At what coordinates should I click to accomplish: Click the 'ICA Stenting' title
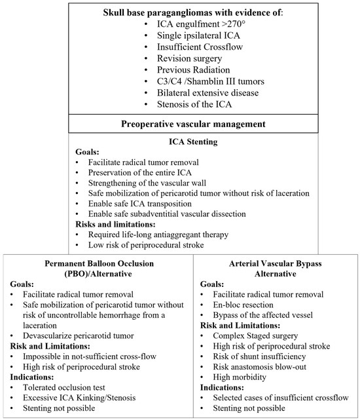[x=180, y=140]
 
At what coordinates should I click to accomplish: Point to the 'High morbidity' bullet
[x=241, y=377]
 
